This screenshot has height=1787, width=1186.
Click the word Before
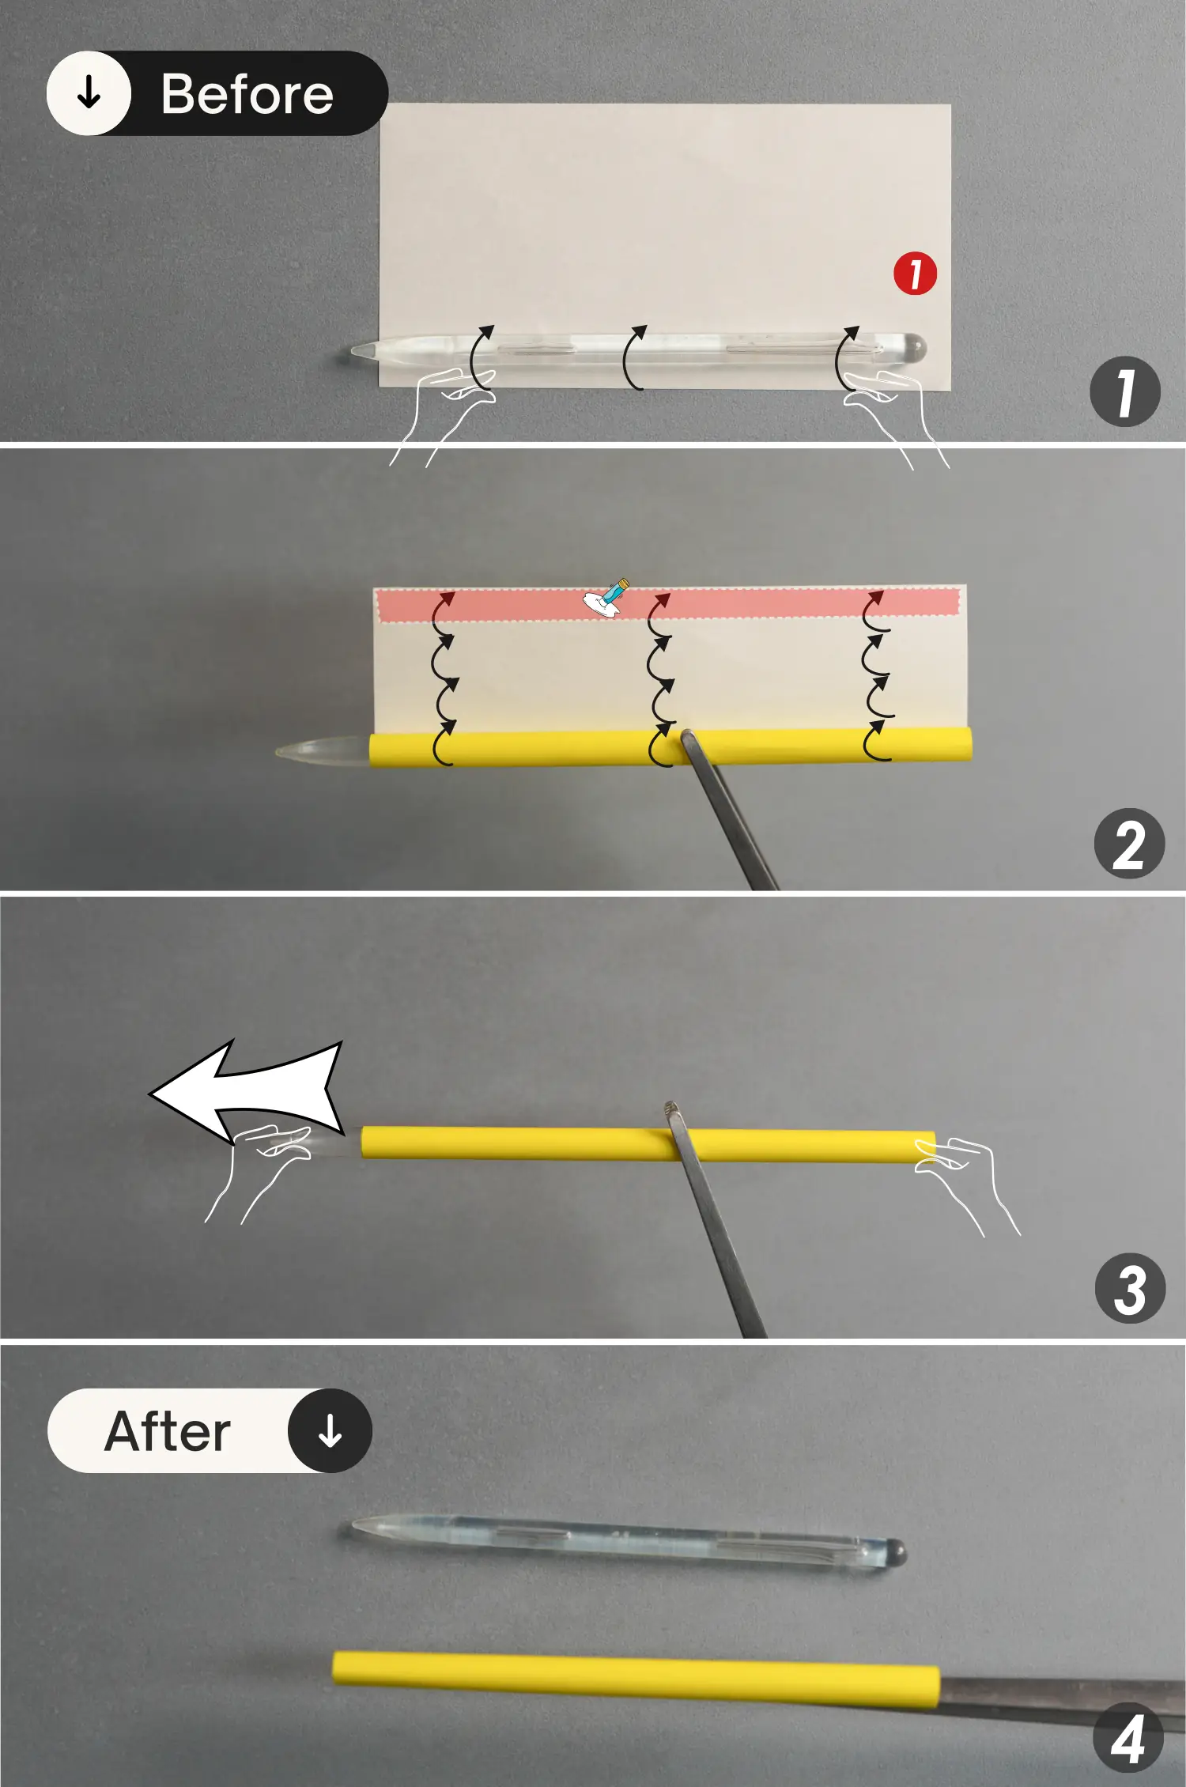247,94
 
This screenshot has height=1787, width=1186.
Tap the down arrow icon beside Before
89,93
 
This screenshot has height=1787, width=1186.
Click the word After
168,1431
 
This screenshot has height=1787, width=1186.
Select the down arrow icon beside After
330,1430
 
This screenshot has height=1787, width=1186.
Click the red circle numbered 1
915,274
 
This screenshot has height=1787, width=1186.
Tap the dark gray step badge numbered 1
1125,391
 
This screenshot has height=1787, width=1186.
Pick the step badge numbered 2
1129,844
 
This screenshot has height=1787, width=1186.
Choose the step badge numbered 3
1130,1289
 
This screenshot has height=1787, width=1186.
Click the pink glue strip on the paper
668,604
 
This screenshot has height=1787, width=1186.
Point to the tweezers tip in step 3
671,1108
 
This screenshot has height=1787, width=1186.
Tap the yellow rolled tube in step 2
670,747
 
